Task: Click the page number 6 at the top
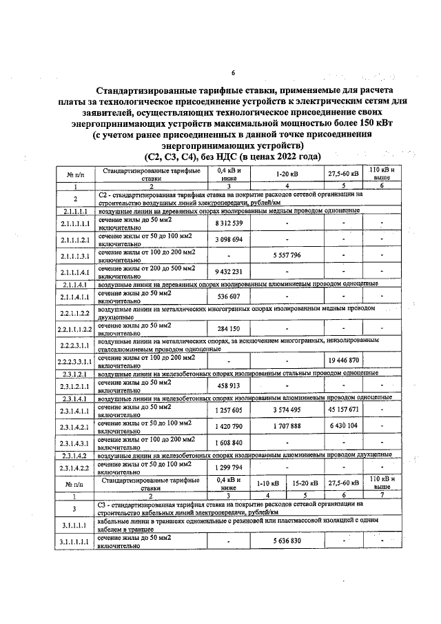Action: pyautogui.click(x=233, y=74)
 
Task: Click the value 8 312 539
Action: pyautogui.click(x=229, y=223)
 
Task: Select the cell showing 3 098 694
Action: pyautogui.click(x=229, y=239)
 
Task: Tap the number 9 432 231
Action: pyautogui.click(x=229, y=271)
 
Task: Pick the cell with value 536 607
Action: pyautogui.click(x=229, y=296)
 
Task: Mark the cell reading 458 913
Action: pyautogui.click(x=229, y=385)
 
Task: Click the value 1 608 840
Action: pyautogui.click(x=229, y=442)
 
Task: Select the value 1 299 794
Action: pyautogui.click(x=229, y=467)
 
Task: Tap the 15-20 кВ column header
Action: pyautogui.click(x=305, y=483)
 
